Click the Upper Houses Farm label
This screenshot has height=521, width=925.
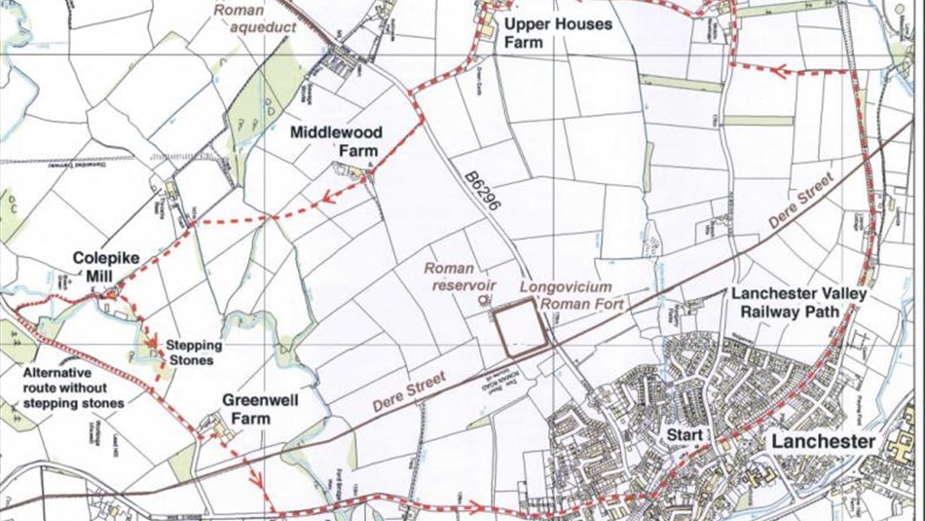[x=558, y=32]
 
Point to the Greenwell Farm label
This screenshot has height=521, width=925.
[x=258, y=409]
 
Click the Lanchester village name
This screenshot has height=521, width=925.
[x=824, y=441]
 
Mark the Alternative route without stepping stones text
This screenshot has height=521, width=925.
[x=73, y=388]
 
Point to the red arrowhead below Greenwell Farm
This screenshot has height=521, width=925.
[x=257, y=479]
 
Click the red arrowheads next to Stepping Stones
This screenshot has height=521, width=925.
[x=152, y=338]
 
